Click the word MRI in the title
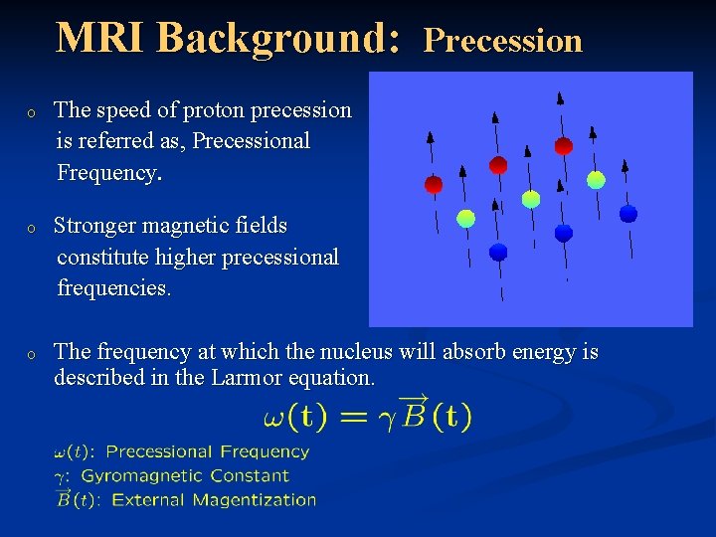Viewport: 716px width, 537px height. click(x=100, y=38)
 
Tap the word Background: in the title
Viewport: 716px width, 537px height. click(x=278, y=38)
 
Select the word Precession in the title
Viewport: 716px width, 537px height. click(x=502, y=40)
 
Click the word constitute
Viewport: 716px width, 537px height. click(x=106, y=257)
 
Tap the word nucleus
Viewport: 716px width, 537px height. click(x=399, y=351)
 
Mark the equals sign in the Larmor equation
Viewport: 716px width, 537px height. click(x=347, y=416)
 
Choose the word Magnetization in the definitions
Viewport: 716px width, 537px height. click(x=263, y=500)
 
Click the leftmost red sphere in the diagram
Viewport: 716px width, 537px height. click(x=434, y=184)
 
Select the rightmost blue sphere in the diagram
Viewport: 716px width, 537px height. click(x=627, y=213)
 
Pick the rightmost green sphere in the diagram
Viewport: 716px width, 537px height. click(x=596, y=180)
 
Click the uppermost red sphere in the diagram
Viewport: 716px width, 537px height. click(x=563, y=146)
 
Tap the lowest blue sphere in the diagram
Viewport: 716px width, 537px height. click(x=498, y=252)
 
